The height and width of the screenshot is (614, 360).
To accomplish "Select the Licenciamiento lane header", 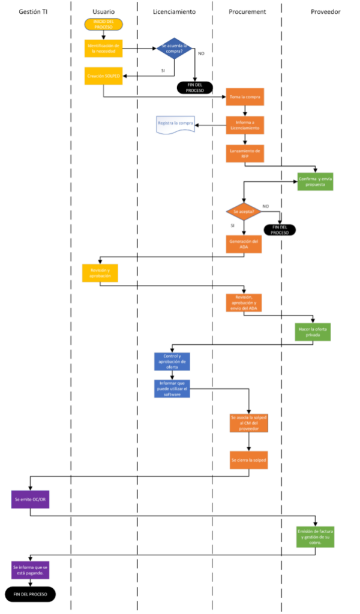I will [x=174, y=12].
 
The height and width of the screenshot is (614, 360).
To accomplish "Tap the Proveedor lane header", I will [x=326, y=12].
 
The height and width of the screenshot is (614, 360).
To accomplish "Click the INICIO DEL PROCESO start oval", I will [x=104, y=24].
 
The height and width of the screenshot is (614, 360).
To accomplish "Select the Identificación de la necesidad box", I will [x=104, y=49].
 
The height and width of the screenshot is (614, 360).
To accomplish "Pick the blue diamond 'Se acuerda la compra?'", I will [x=175, y=49].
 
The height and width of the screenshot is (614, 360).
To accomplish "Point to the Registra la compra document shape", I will [x=175, y=125].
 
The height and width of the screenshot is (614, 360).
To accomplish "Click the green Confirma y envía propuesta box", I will [x=316, y=182].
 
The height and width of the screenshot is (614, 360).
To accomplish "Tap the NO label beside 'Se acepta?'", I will [x=265, y=206].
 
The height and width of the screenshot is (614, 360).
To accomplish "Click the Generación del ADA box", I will [x=244, y=244].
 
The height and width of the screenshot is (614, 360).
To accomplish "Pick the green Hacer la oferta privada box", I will [x=313, y=332].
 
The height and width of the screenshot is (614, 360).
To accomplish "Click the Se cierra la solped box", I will [x=248, y=460].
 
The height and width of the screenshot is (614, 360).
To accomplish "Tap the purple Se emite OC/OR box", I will [x=30, y=499].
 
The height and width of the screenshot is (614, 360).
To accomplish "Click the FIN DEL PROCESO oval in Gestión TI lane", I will [x=30, y=594].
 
